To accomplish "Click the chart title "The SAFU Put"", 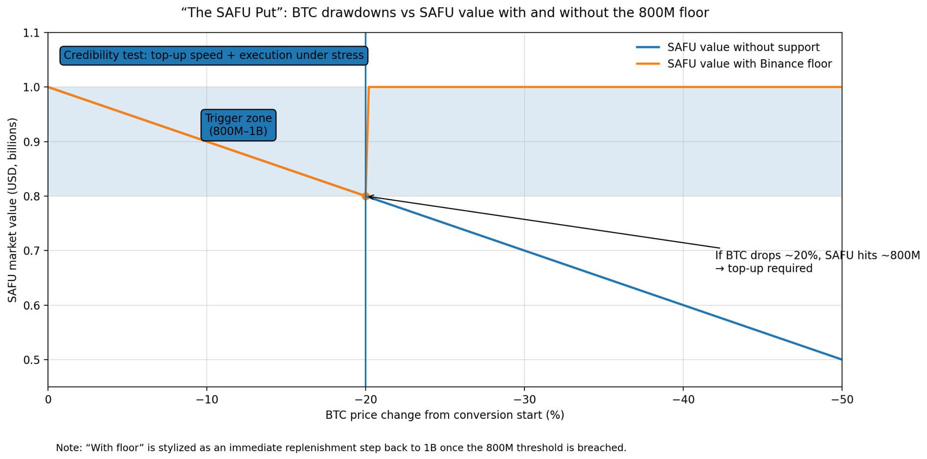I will [444, 13].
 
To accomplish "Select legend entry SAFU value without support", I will [743, 47].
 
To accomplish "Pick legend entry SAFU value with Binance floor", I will [749, 64].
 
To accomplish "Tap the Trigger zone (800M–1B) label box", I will [238, 125].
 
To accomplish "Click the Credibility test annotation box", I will [214, 55].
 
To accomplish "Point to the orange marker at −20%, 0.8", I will [365, 196].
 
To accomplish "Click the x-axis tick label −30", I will [524, 400].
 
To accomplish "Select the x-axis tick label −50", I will [841, 400].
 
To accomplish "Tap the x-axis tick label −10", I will [206, 400].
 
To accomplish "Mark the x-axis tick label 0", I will [48, 400].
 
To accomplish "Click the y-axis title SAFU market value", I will [12, 210].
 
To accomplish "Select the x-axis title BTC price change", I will [444, 415].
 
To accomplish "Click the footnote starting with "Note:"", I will [341, 448].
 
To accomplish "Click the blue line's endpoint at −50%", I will [841, 359].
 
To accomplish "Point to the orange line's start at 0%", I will [49, 88].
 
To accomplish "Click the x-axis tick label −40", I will [683, 400].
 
